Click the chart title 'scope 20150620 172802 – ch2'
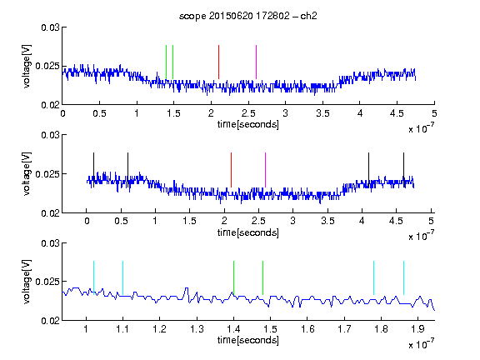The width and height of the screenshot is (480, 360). pyautogui.click(x=248, y=16)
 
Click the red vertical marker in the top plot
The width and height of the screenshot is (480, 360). pyautogui.click(x=218, y=62)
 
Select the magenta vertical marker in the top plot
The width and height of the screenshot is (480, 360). pyautogui.click(x=256, y=62)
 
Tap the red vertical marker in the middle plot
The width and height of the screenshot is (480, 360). pyautogui.click(x=231, y=170)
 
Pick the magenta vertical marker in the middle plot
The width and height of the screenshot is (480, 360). pyautogui.click(x=265, y=170)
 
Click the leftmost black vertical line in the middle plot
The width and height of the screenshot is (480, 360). pyautogui.click(x=93, y=170)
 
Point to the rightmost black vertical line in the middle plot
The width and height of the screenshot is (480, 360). pyautogui.click(x=403, y=170)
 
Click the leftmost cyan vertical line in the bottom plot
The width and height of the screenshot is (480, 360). pyautogui.click(x=93, y=278)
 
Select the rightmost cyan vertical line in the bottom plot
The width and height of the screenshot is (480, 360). pyautogui.click(x=403, y=278)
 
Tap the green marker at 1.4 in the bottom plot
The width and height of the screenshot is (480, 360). pyautogui.click(x=233, y=278)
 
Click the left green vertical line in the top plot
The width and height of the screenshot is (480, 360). pyautogui.click(x=166, y=62)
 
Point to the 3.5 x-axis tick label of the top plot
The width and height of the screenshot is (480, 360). pyautogui.click(x=322, y=113)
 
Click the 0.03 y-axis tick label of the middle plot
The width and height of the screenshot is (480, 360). pyautogui.click(x=50, y=135)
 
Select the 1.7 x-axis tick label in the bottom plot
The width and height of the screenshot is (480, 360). pyautogui.click(x=344, y=329)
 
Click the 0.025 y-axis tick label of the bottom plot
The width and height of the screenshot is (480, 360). pyautogui.click(x=47, y=282)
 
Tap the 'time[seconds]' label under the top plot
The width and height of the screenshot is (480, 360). pyautogui.click(x=248, y=124)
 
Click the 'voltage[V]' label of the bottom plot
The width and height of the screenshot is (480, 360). pyautogui.click(x=27, y=282)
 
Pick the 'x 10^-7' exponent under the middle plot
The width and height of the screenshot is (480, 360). pyautogui.click(x=421, y=236)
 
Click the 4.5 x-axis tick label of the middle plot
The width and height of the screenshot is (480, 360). pyautogui.click(x=396, y=221)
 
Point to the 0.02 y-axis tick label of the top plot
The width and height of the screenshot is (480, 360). pyautogui.click(x=50, y=105)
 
